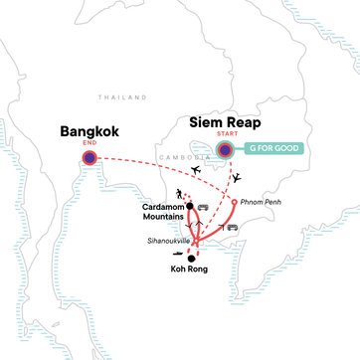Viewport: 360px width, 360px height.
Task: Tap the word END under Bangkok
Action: click(90, 142)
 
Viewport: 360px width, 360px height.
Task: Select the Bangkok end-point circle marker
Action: click(90, 157)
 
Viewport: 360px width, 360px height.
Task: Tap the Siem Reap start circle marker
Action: click(226, 151)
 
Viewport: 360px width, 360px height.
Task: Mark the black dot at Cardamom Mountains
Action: click(188, 206)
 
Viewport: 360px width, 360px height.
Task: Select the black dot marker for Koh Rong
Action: click(191, 258)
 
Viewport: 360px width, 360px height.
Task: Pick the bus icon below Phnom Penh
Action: click(233, 228)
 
